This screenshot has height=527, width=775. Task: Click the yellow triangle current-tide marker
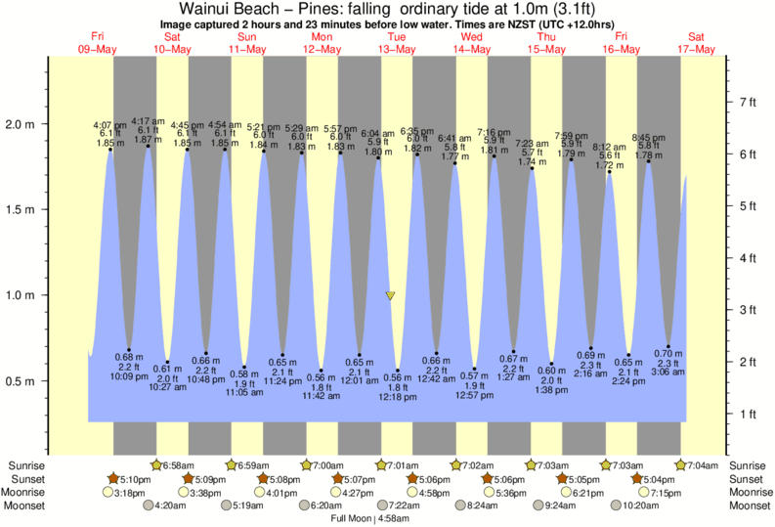coord(390,295)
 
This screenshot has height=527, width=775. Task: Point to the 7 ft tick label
coord(750,102)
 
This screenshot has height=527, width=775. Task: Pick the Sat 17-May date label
coord(701,42)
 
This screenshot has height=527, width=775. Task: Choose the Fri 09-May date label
coord(97,42)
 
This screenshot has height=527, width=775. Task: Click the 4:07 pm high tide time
coord(108,125)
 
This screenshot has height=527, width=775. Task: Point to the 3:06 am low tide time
coord(668,373)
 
